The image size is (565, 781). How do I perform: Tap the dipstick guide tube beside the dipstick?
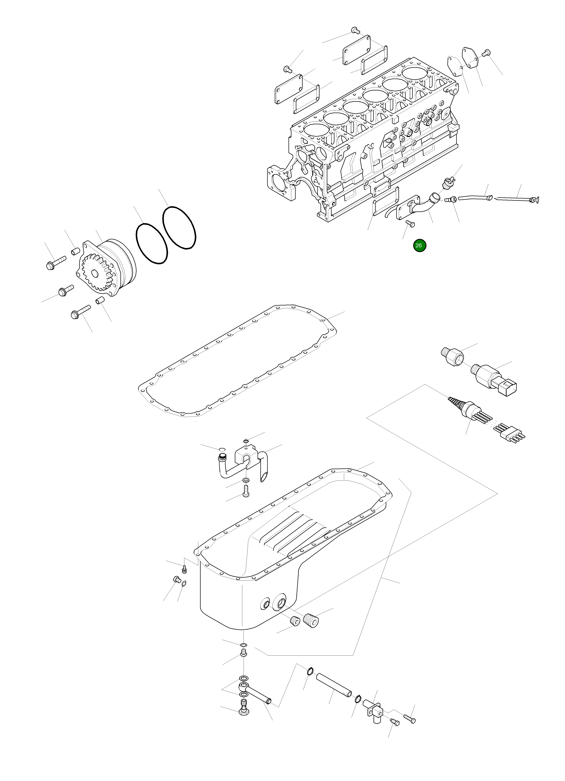[x=474, y=198]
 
